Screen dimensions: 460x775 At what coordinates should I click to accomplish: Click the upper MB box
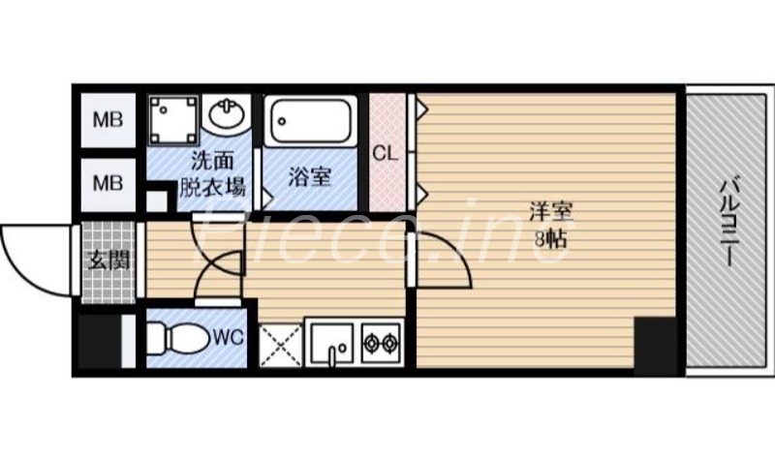pos(107,121)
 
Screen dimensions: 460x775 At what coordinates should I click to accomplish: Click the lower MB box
pos(107,181)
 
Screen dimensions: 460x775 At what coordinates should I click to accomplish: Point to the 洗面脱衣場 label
pos(211,174)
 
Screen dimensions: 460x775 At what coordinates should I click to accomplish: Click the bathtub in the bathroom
pos(311,123)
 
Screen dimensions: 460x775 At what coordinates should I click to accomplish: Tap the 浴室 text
pos(311,176)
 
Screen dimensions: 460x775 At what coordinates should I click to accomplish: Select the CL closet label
pos(386,152)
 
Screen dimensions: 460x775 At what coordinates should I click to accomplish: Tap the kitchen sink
pos(330,343)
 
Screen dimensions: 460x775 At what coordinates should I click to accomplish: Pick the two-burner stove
pos(382,343)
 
